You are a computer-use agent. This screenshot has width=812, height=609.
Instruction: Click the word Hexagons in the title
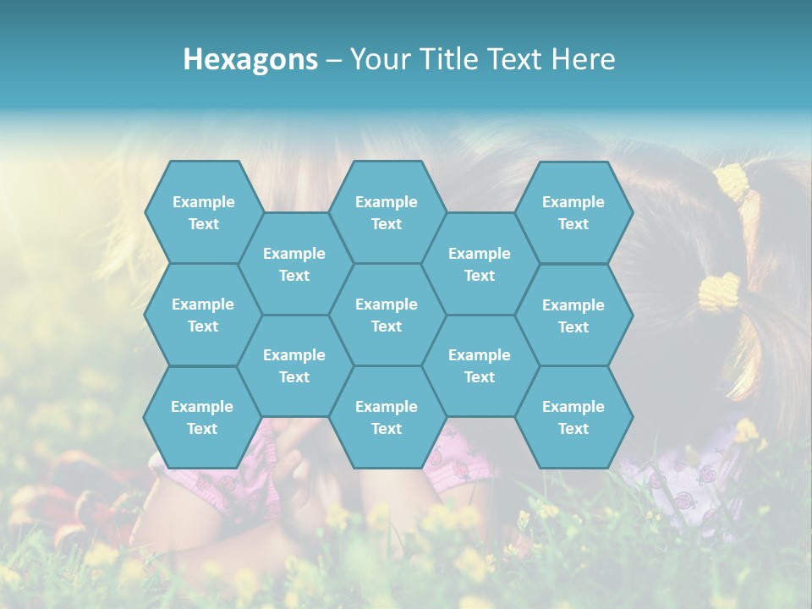(x=250, y=59)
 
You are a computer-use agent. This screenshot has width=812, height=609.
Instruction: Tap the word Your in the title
(x=380, y=59)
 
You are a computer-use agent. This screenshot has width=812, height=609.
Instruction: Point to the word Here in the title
(x=583, y=59)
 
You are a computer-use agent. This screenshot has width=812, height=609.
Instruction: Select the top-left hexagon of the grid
(x=204, y=212)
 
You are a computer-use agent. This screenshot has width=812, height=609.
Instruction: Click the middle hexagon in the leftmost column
(x=204, y=315)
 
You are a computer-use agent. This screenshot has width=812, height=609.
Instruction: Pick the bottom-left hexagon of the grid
(x=203, y=417)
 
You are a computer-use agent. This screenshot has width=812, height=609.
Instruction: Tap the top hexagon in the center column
(x=387, y=212)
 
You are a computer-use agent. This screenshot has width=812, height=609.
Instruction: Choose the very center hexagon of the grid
(x=387, y=315)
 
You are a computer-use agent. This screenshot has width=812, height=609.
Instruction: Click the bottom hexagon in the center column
(x=387, y=417)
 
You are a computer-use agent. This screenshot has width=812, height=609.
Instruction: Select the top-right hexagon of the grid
(x=573, y=212)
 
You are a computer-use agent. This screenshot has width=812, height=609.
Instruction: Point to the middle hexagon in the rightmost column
(x=573, y=315)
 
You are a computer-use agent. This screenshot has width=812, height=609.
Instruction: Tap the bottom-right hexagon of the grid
(x=573, y=417)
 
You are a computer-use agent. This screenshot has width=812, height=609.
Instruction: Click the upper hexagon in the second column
(x=294, y=264)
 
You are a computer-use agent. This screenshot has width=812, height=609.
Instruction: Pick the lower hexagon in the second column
(x=294, y=365)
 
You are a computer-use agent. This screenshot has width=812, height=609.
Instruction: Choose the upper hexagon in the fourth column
(x=480, y=264)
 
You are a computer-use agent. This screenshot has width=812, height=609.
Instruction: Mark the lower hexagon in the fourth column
(x=480, y=365)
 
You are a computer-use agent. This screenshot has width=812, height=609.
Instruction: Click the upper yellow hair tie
(x=733, y=182)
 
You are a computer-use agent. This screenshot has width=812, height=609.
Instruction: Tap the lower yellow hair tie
(x=719, y=292)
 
